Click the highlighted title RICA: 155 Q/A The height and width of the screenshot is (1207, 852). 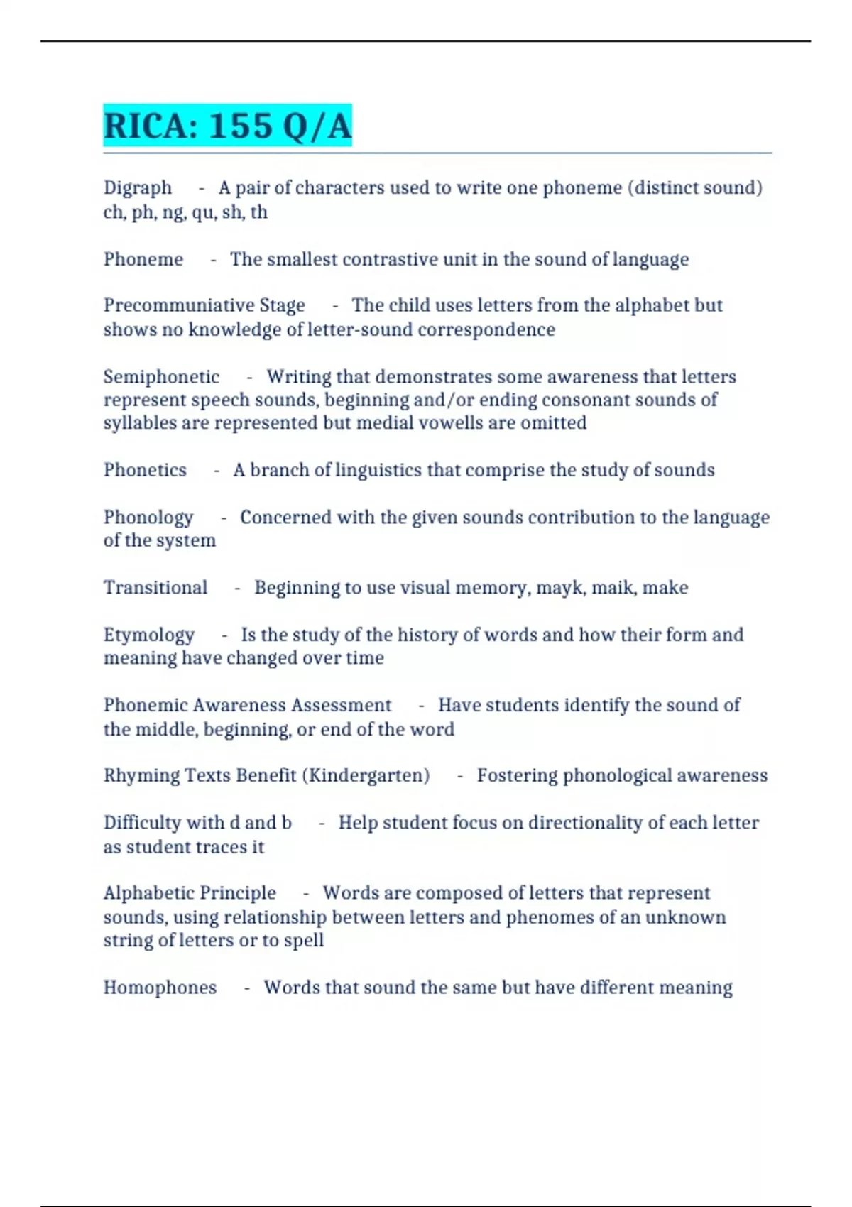tap(227, 126)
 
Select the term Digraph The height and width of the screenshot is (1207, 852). tap(138, 188)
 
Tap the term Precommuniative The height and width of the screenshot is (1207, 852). tap(178, 305)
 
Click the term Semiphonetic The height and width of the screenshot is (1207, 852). tap(161, 377)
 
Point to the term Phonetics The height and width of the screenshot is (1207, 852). tap(145, 470)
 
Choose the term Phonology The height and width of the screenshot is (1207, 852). tap(148, 518)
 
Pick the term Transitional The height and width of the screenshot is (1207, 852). tap(155, 588)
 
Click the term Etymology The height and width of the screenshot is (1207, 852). tap(149, 635)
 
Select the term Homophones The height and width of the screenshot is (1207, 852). tap(160, 988)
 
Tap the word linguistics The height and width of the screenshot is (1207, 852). tap(378, 470)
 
